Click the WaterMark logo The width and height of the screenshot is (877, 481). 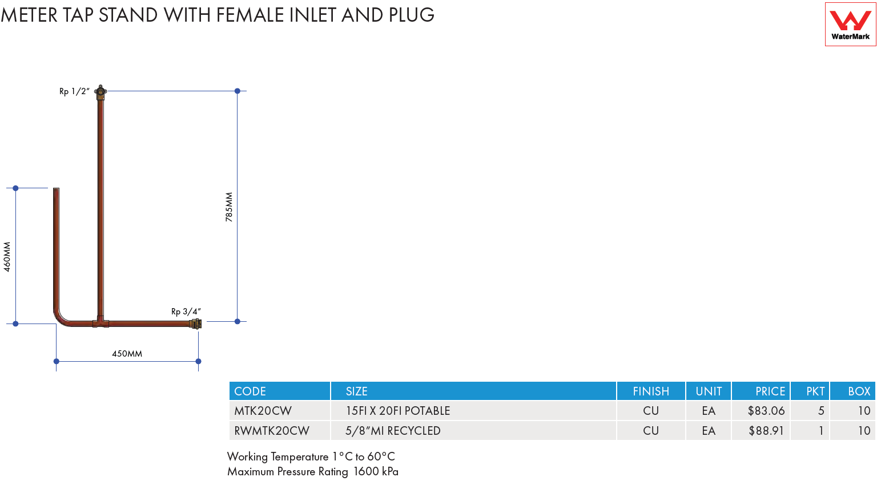point(850,25)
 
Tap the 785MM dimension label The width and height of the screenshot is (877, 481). point(229,207)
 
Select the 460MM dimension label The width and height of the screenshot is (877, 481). point(7,257)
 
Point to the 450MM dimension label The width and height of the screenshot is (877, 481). point(127,354)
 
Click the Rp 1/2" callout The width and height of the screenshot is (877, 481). point(74,92)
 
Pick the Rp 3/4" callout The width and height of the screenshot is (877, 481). point(186,312)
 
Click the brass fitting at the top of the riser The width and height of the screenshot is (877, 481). point(100,92)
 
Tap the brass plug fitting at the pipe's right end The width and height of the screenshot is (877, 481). point(195,324)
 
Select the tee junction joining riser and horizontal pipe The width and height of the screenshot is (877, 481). point(100,322)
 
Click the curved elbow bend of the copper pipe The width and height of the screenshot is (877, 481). point(61,317)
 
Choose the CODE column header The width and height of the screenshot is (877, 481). point(250,391)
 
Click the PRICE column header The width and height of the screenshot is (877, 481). point(770,391)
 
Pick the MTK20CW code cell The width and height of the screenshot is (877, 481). point(263,411)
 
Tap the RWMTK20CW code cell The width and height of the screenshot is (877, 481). point(272,431)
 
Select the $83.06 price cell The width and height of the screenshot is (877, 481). point(766,411)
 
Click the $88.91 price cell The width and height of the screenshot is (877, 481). point(766,431)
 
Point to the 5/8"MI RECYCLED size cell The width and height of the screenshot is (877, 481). point(393,431)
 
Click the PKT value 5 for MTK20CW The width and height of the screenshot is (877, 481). point(821,411)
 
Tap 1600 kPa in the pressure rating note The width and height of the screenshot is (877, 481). point(376,472)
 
